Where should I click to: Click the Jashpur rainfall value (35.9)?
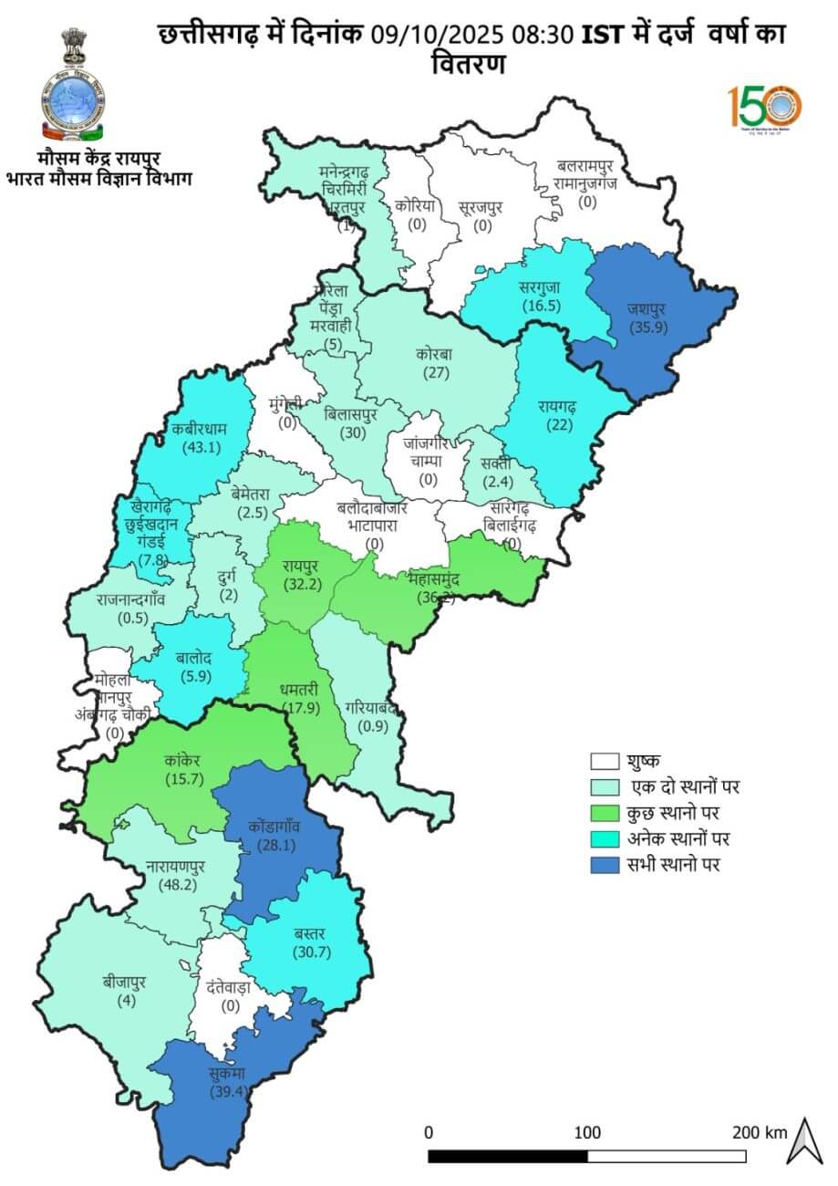point(642,327)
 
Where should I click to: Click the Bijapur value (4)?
point(125,1001)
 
